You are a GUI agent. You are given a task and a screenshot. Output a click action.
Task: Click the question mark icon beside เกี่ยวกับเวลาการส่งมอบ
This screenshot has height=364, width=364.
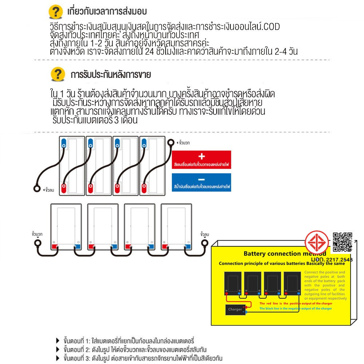(55, 12)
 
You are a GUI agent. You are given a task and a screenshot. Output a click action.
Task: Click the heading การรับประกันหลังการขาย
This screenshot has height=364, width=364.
(111, 75)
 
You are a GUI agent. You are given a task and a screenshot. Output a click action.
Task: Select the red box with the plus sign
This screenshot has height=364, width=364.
(202, 160)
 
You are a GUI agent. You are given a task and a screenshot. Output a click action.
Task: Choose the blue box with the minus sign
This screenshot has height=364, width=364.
(202, 183)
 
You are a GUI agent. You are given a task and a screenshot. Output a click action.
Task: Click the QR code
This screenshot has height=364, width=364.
(343, 241)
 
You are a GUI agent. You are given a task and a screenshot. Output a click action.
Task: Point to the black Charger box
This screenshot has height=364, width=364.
(235, 309)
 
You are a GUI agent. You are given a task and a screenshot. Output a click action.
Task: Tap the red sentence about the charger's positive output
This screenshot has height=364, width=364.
(296, 303)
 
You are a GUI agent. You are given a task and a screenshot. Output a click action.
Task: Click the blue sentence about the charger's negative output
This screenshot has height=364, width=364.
(296, 309)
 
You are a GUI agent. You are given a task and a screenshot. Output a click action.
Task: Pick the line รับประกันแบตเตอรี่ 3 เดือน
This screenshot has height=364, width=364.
(95, 120)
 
